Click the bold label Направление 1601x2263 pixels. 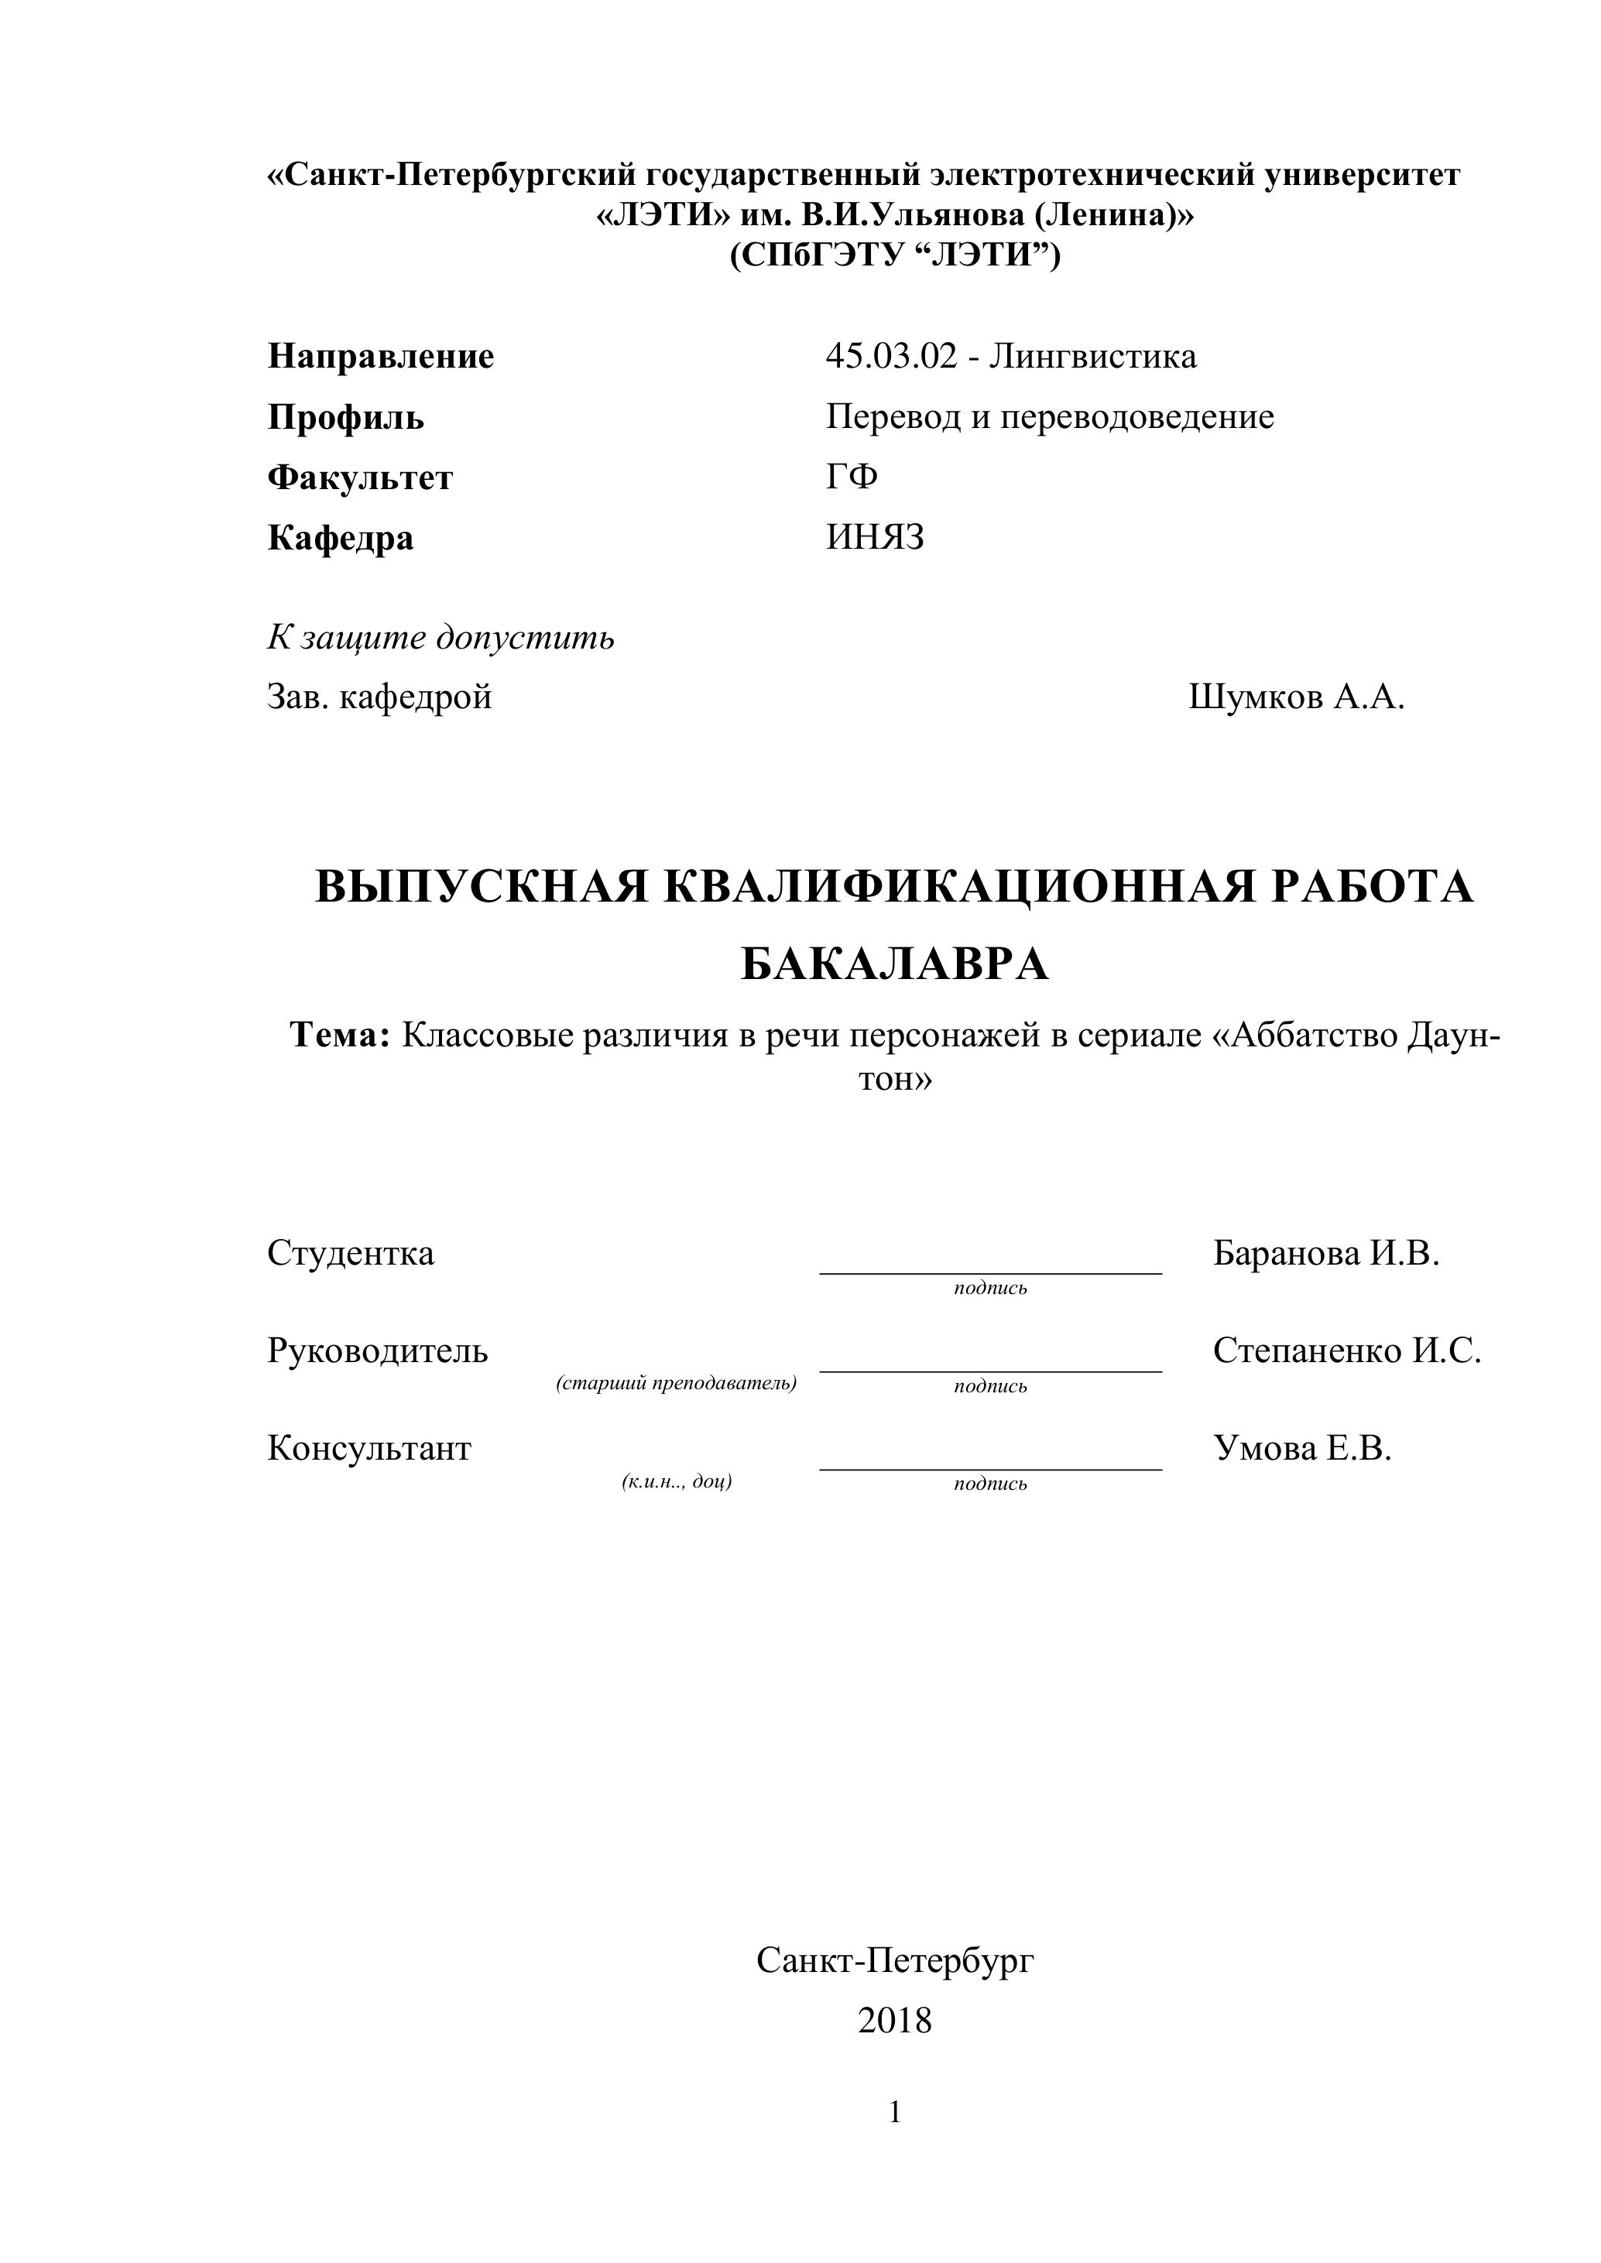pos(381,356)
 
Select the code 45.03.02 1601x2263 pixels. pos(891,356)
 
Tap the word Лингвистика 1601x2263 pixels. pos(1092,356)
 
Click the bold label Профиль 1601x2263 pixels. pos(345,418)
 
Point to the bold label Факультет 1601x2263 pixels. pos(360,478)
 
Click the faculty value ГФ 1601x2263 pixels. pos(852,477)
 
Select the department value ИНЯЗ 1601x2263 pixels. pos(875,538)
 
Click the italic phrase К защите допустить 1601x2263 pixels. pos(441,639)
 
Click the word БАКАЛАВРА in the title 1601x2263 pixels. pos(894,965)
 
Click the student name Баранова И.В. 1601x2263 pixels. pos(1326,1254)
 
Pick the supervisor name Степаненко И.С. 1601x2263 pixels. pos(1346,1351)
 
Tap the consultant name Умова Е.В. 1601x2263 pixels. pos(1301,1448)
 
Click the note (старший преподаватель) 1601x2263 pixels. pos(677,1384)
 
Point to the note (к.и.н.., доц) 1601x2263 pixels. pos(677,1481)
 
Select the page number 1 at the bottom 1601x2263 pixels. pos(894,2112)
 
